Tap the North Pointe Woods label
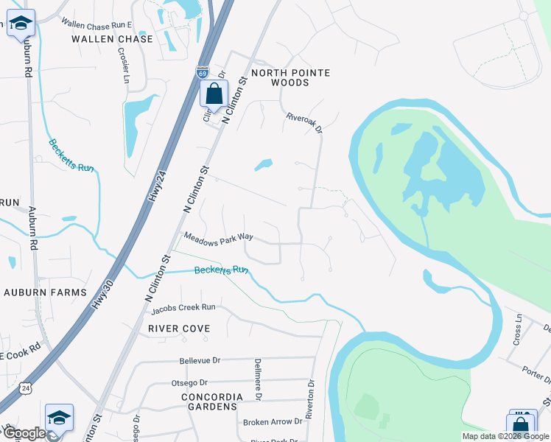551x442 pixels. (x=290, y=77)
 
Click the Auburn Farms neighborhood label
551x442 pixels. (x=45, y=292)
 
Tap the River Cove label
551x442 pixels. (x=179, y=328)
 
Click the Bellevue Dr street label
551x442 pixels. (x=200, y=361)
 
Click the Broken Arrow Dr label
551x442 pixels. (x=273, y=421)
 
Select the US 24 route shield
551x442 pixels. (x=27, y=387)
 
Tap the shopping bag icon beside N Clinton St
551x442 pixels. (x=214, y=95)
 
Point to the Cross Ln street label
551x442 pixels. (x=518, y=331)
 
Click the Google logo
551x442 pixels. (x=24, y=433)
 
